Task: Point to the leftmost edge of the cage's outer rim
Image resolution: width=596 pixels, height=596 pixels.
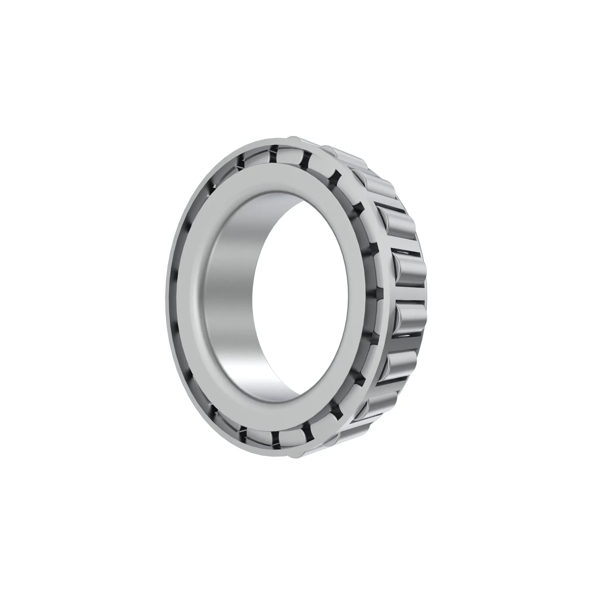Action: click(167, 296)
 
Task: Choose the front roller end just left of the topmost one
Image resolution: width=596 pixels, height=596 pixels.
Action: click(256, 159)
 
